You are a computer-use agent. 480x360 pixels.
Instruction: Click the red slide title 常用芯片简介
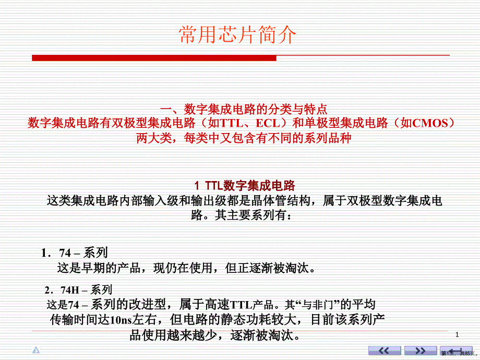coord(237,34)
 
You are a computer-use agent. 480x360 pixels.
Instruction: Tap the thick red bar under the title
coord(154,58)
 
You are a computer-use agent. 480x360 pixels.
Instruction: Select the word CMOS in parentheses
coord(430,123)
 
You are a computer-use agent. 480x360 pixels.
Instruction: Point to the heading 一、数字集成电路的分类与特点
coord(244,109)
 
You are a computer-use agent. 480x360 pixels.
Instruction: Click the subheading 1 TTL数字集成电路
coord(245,186)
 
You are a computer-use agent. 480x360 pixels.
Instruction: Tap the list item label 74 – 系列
coord(83,253)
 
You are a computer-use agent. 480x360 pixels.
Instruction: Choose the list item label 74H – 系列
coord(86,290)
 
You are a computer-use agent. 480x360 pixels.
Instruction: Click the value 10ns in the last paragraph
coord(121,320)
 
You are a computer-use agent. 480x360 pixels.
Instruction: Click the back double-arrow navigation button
coord(385,351)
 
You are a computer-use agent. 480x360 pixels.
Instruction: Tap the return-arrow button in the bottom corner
coord(456,351)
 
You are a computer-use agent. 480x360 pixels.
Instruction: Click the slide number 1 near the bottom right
coord(457,334)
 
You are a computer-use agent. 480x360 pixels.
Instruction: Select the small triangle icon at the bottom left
coord(36,350)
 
